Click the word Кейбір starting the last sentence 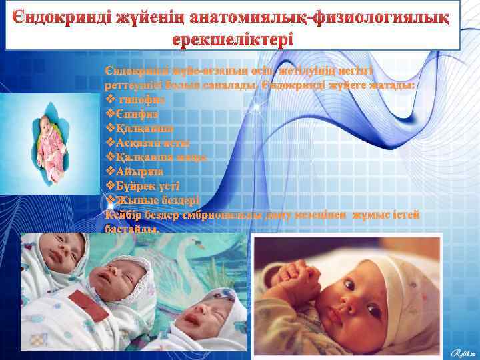tap(124, 215)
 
